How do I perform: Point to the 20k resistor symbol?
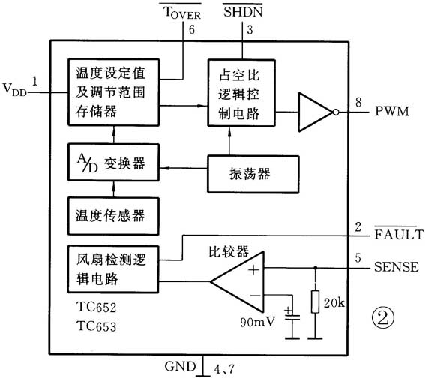tap(315, 304)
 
